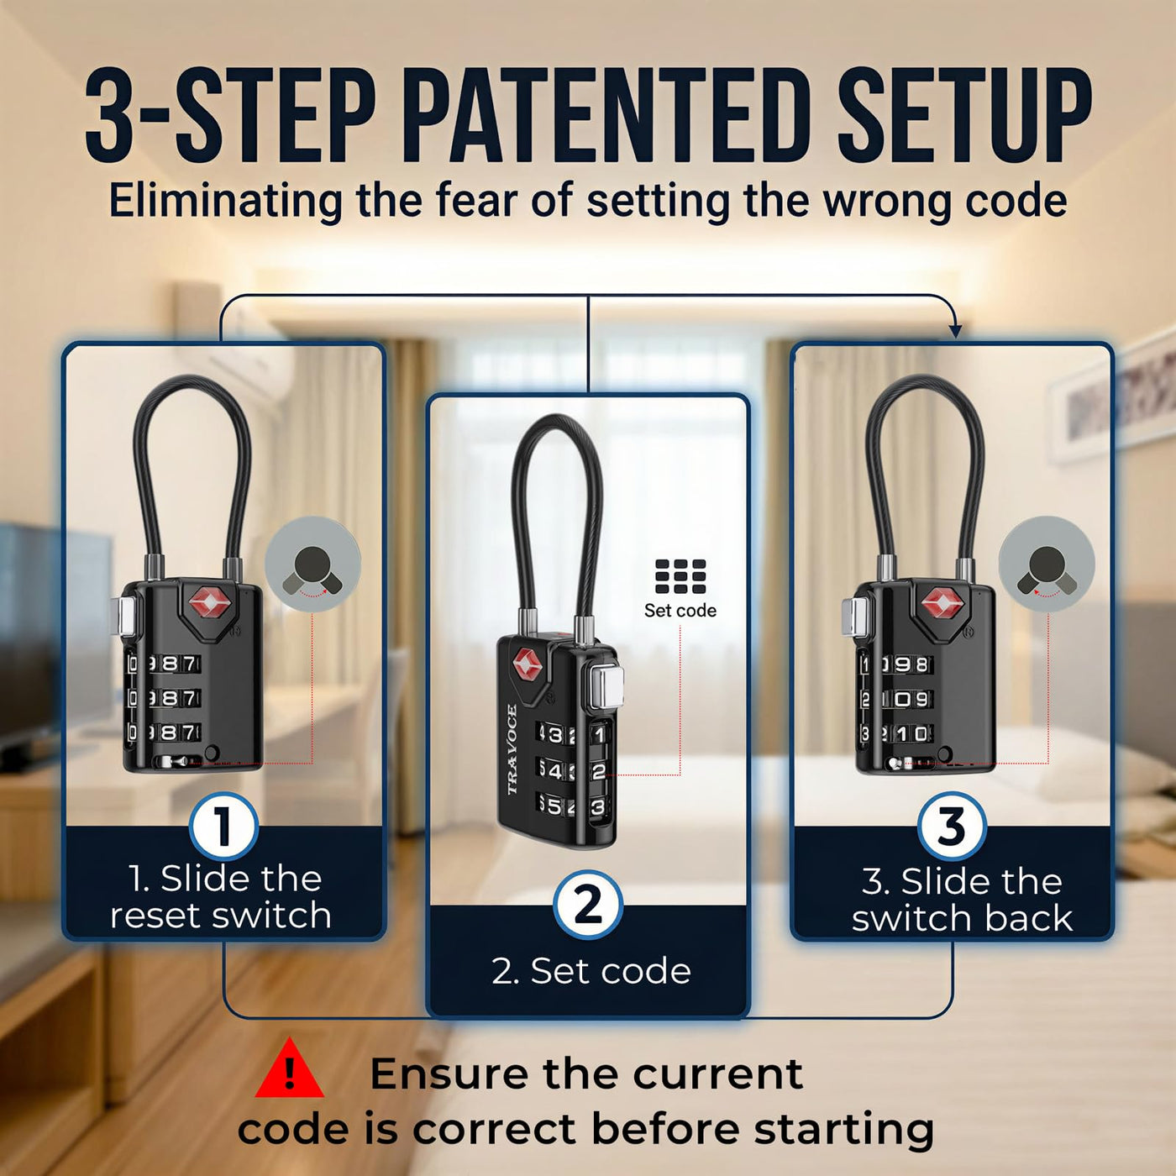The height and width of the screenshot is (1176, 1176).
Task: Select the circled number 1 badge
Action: (x=223, y=827)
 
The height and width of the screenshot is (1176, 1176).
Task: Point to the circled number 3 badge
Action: (x=952, y=827)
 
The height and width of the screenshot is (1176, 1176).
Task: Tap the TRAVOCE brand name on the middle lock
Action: (x=512, y=749)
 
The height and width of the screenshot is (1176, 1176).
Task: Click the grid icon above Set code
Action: (x=680, y=577)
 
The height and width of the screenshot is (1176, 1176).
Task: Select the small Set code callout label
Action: (x=680, y=611)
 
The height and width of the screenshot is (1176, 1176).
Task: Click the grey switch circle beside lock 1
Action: (x=312, y=564)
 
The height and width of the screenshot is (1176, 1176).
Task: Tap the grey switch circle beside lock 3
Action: (x=1047, y=564)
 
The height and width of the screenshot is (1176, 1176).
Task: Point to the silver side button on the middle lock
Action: (x=608, y=685)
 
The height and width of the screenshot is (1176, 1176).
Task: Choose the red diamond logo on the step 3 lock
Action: (x=942, y=603)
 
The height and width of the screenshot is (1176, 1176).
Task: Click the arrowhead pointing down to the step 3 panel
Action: (x=955, y=332)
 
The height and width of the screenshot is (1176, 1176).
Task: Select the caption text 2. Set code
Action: (x=591, y=970)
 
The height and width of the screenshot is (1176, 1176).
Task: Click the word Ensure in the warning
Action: (x=449, y=1074)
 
